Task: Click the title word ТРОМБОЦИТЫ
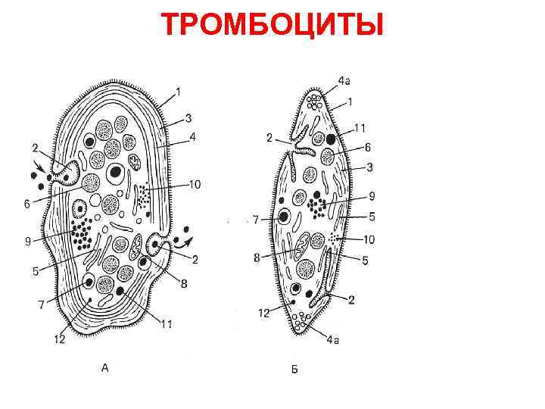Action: click(x=272, y=25)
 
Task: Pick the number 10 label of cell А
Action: click(x=195, y=184)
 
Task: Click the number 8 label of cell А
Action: click(x=184, y=283)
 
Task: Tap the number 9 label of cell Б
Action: click(x=372, y=195)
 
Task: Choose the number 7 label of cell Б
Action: click(x=255, y=220)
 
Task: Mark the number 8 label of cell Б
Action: click(x=257, y=258)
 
